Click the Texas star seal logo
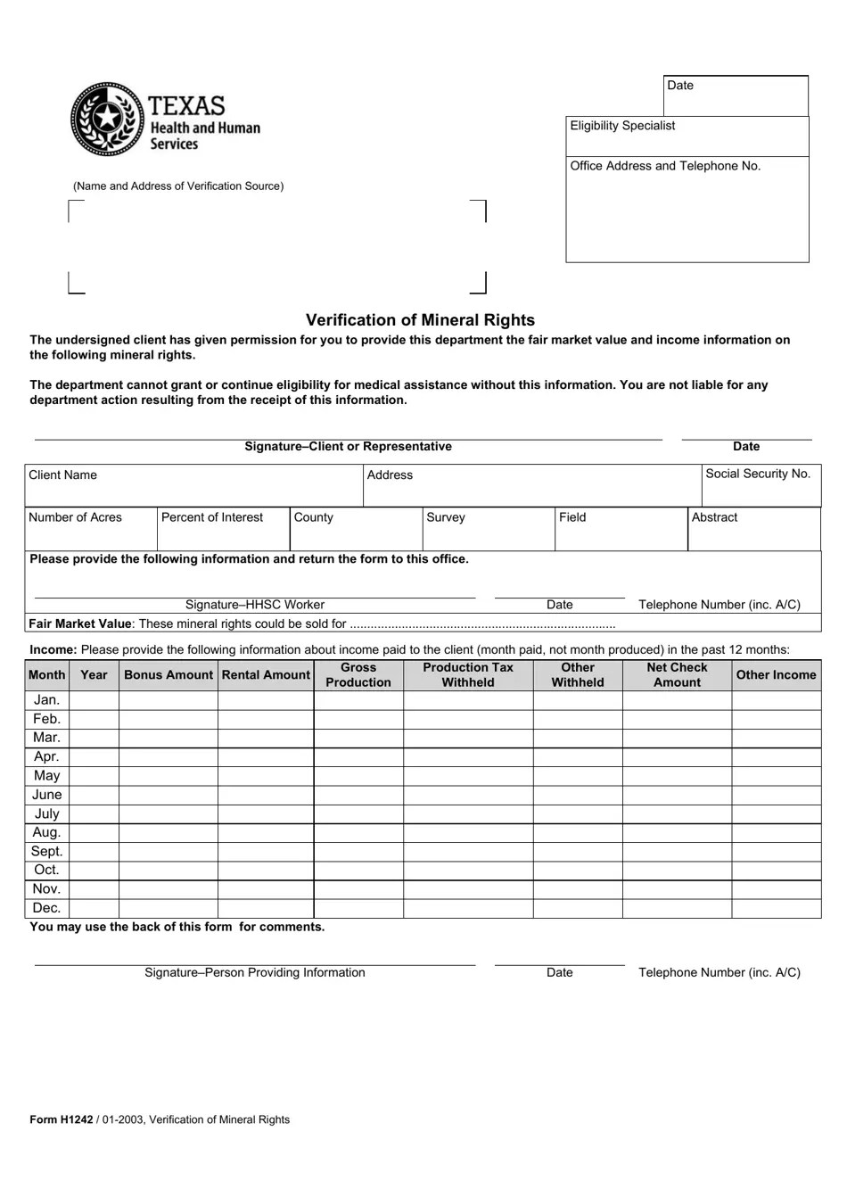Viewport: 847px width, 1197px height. tap(107, 119)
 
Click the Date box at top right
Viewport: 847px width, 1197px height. tap(736, 95)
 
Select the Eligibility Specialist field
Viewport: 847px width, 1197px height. tap(687, 136)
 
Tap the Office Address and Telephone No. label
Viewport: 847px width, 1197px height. tap(665, 166)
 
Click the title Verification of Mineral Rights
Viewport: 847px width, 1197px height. tap(420, 320)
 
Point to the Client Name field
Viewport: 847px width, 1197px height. tap(192, 485)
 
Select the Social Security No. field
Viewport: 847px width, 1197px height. tap(761, 485)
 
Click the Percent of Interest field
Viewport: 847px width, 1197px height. tap(223, 529)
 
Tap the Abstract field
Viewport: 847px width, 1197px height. tap(753, 529)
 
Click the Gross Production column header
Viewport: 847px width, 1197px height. tap(358, 675)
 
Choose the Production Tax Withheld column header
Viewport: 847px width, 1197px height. tap(468, 675)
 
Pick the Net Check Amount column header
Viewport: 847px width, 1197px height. tap(677, 675)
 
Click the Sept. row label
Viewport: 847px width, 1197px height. tap(46, 852)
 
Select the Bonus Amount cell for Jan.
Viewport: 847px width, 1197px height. tap(169, 701)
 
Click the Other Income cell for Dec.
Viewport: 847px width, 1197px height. tap(776, 908)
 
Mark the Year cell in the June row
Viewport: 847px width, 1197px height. tap(94, 795)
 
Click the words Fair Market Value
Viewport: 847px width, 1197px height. tap(80, 624)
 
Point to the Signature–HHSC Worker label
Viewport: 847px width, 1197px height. tap(255, 605)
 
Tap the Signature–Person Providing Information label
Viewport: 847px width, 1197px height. tap(255, 973)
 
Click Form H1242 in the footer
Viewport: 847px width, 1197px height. tap(55, 1120)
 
